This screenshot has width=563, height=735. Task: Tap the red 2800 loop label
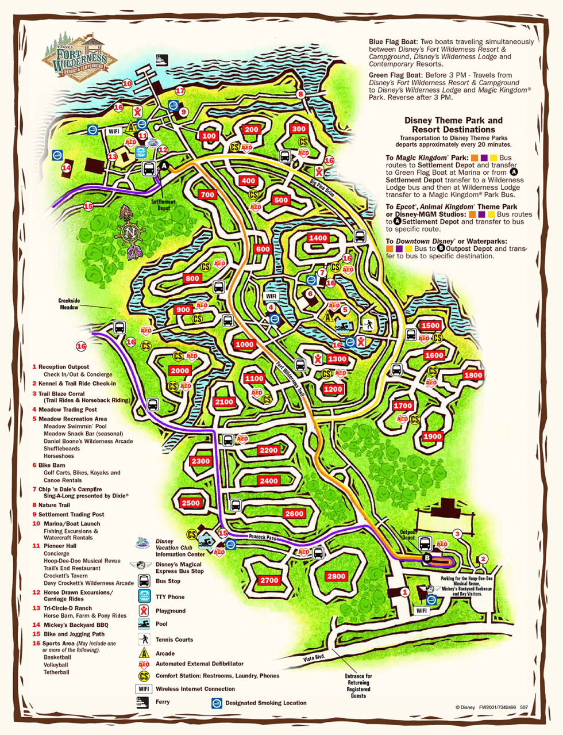click(x=336, y=576)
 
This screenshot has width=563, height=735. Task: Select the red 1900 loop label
click(x=432, y=436)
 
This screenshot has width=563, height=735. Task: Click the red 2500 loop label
click(x=191, y=503)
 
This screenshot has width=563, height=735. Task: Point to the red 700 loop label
click(x=207, y=195)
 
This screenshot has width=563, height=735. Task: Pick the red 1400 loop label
click(x=318, y=238)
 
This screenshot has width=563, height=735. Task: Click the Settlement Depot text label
click(x=164, y=205)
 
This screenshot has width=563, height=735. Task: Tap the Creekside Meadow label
click(x=69, y=304)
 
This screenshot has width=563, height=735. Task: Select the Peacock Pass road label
click(x=263, y=537)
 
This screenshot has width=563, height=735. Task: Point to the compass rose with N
click(x=130, y=233)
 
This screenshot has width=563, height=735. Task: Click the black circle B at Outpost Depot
click(x=427, y=557)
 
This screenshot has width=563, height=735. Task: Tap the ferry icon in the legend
click(x=142, y=702)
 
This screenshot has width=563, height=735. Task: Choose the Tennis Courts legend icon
click(x=144, y=639)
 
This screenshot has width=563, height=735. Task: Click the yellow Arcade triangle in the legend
click(x=144, y=653)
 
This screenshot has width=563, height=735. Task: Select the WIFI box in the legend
click(x=144, y=688)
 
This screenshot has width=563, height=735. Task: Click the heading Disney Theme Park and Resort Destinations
click(x=453, y=125)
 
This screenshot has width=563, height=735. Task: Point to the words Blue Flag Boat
click(x=393, y=42)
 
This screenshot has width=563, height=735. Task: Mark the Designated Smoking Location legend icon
click(x=217, y=703)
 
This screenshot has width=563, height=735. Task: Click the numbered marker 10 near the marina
click(x=127, y=83)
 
